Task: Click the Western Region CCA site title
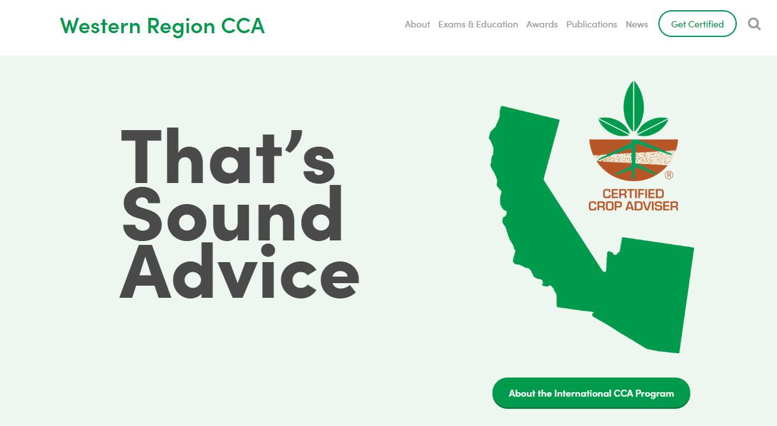pyautogui.click(x=162, y=26)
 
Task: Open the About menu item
pyautogui.click(x=417, y=24)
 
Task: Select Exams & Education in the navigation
pyautogui.click(x=478, y=24)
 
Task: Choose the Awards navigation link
pyautogui.click(x=542, y=24)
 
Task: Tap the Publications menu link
pyautogui.click(x=591, y=24)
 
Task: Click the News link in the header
pyautogui.click(x=637, y=24)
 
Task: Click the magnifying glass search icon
pyautogui.click(x=754, y=24)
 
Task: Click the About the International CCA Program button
pyautogui.click(x=591, y=393)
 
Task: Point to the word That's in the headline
pyautogui.click(x=228, y=156)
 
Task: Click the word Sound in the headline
pyautogui.click(x=232, y=213)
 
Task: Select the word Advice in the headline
pyautogui.click(x=239, y=271)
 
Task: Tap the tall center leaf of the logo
pyautogui.click(x=633, y=105)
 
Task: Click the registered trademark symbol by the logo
pyautogui.click(x=669, y=175)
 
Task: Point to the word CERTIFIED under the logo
pyautogui.click(x=633, y=193)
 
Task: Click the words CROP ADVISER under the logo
pyautogui.click(x=633, y=206)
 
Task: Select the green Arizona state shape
pyautogui.click(x=649, y=295)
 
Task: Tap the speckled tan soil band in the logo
pyautogui.click(x=633, y=158)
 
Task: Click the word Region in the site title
pyautogui.click(x=181, y=27)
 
